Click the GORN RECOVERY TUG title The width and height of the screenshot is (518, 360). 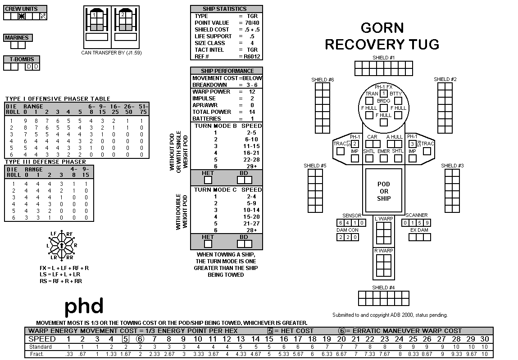point(382,36)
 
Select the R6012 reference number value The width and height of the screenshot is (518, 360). point(252,56)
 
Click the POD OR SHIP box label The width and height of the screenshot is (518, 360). point(383,191)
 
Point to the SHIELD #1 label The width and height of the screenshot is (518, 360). point(383,58)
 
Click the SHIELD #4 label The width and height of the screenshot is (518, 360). point(383,288)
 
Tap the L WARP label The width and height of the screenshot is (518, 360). point(383,218)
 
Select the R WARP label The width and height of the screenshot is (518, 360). point(383,251)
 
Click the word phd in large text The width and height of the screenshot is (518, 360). point(84,306)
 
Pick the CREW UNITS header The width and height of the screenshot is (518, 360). point(21,9)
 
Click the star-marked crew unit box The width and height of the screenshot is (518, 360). point(22,16)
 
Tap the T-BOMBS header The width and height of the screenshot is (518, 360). point(22,59)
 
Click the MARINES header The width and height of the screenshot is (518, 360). point(17,38)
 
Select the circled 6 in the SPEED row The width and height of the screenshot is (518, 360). point(140,339)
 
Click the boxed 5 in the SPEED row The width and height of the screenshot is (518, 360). point(126,339)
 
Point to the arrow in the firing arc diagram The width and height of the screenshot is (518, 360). point(62,246)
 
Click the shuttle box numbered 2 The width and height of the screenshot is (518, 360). point(123,14)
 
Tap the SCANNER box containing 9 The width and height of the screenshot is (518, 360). point(427,223)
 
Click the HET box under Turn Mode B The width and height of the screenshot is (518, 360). point(208,180)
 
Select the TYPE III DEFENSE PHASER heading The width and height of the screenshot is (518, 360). point(45,162)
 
